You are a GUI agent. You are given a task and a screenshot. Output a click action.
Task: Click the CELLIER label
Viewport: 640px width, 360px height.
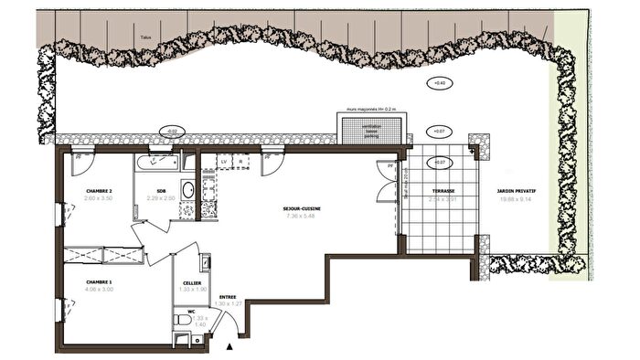192,283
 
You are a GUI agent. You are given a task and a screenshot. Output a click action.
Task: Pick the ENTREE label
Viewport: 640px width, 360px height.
227,296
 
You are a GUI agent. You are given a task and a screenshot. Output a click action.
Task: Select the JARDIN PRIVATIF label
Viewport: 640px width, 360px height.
516,191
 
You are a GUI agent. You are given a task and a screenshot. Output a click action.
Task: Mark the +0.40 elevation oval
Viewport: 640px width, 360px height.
440,83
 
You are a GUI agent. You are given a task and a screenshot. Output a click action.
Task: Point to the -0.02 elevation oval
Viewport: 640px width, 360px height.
171,132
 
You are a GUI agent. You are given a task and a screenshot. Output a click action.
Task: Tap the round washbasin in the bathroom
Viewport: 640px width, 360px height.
187,191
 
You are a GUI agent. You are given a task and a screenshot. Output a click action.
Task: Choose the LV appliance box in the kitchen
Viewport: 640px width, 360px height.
223,162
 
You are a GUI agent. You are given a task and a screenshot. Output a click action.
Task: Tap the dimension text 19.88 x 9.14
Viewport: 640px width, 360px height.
516,198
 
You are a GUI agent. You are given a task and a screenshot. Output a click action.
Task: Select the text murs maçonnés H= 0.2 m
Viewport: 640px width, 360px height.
373,108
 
